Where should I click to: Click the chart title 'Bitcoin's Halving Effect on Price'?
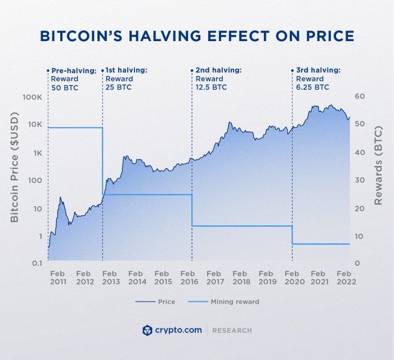click(x=197, y=36)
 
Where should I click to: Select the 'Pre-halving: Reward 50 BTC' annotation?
click(x=71, y=79)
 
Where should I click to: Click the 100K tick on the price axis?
click(x=32, y=97)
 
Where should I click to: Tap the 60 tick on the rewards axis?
click(x=360, y=97)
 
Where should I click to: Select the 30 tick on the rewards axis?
click(x=360, y=180)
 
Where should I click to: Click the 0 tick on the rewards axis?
click(x=357, y=264)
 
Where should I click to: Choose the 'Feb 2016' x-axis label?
click(x=189, y=278)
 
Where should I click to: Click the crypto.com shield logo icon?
click(x=148, y=330)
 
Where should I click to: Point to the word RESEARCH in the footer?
click(x=232, y=331)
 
